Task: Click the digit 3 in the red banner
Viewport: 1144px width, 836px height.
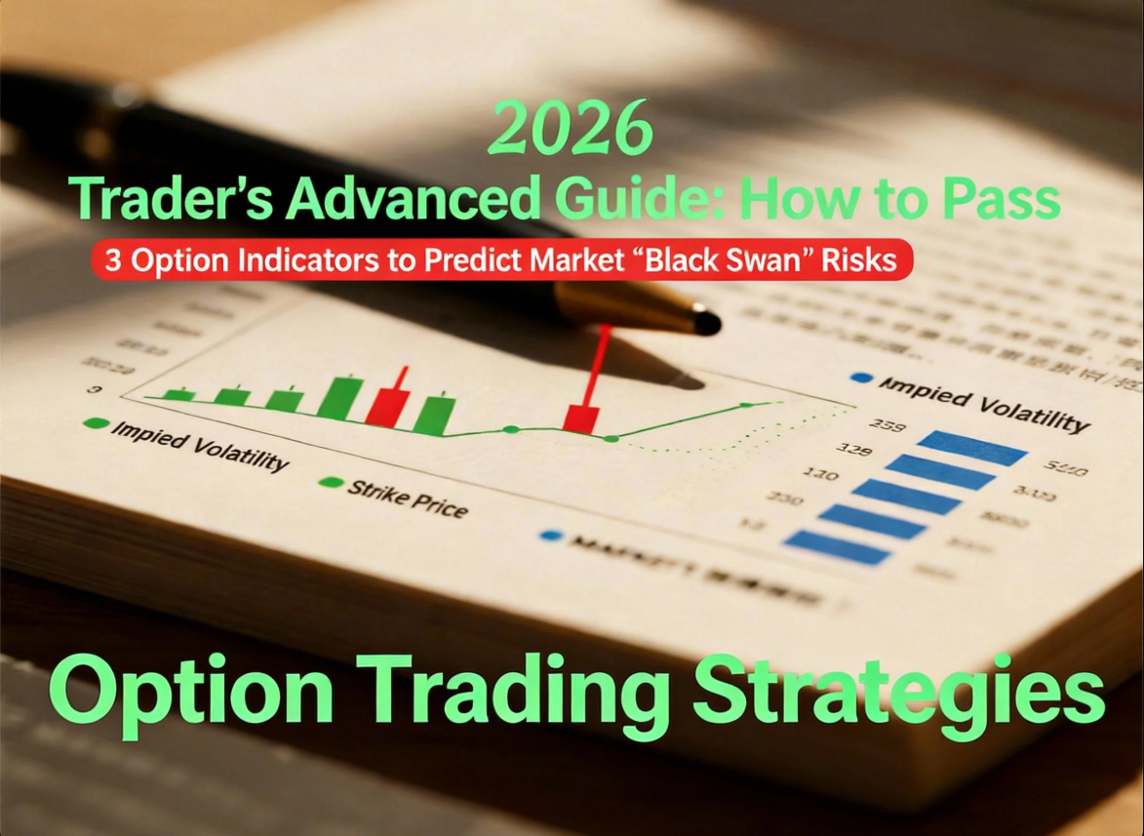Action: pyautogui.click(x=112, y=260)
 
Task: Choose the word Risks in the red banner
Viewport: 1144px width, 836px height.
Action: pyautogui.click(x=865, y=260)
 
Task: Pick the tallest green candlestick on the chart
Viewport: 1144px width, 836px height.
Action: pyautogui.click(x=340, y=399)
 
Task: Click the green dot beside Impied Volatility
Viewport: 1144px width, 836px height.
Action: pyautogui.click(x=95, y=423)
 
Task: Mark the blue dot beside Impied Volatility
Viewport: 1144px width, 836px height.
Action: pyautogui.click(x=860, y=378)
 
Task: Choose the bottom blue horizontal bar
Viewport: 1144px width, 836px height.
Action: pyautogui.click(x=837, y=546)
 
